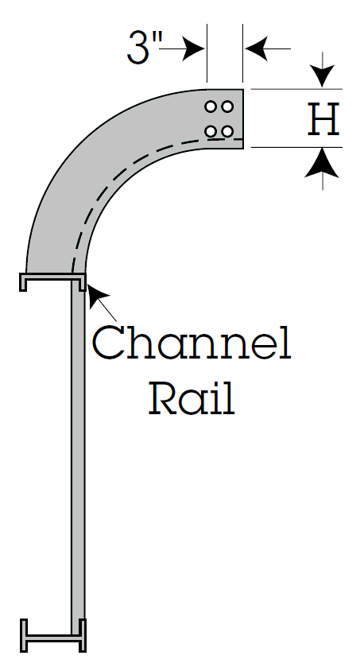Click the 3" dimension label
coord(144,48)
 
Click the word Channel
coord(192,343)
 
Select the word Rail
coord(192,397)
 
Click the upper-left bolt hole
coord(211,107)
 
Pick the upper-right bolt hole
coord(227,107)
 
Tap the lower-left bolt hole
coord(211,131)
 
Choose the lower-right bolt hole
coord(227,131)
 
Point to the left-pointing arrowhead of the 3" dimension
coord(257,48)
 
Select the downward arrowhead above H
coord(323,76)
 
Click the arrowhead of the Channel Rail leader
coord(97,294)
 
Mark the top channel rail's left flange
coord(23,282)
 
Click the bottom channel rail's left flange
coord(24,635)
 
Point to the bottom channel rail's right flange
coord(83,635)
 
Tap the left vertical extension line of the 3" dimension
coord(207,52)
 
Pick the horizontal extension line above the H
coord(296,89)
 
